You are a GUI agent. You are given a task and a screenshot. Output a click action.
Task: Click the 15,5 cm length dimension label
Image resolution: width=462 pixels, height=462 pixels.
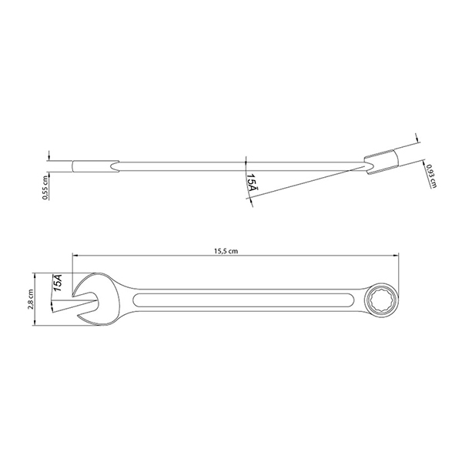coord(226,251)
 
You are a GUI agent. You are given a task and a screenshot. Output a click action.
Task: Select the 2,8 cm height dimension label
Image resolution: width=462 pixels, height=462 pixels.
coord(30,299)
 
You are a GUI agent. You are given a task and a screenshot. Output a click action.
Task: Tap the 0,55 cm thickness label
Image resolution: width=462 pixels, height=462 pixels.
coord(45,188)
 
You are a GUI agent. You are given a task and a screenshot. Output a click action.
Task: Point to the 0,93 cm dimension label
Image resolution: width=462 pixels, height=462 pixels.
coord(430,176)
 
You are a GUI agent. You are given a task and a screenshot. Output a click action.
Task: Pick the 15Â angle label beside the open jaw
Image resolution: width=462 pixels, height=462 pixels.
coord(58,283)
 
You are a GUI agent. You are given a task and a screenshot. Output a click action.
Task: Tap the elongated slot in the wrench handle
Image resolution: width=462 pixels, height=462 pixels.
coord(243,300)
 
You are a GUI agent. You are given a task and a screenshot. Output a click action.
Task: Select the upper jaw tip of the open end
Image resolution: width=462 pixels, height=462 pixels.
coord(73,294)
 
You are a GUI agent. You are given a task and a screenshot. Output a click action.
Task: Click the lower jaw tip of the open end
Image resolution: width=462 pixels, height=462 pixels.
coord(79,316)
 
